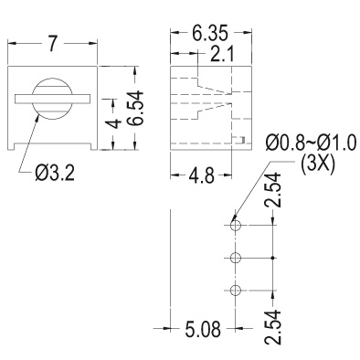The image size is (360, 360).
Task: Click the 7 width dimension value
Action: click(53, 44)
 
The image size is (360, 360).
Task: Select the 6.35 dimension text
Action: click(210, 33)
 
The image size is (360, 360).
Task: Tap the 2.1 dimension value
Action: click(218, 55)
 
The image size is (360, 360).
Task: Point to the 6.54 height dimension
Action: click(135, 108)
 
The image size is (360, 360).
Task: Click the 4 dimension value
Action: click(113, 123)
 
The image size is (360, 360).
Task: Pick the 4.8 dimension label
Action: click(201, 176)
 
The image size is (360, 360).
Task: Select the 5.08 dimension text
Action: click(203, 329)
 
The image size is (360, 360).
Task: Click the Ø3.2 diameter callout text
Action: click(55, 174)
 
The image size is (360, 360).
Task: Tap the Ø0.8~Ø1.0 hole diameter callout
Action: click(311, 143)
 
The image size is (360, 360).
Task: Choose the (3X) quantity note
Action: click(318, 165)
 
